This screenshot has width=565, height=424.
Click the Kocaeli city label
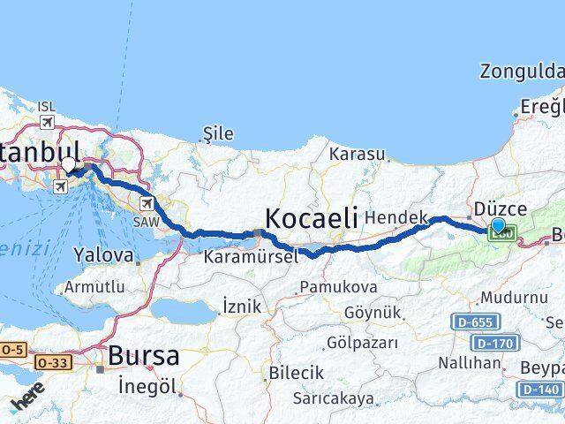(311, 217)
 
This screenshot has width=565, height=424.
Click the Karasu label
(358, 154)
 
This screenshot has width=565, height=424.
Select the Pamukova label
(338, 287)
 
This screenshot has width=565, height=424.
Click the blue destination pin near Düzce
(498, 227)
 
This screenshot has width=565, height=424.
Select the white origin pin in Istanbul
(69, 164)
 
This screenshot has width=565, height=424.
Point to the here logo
(28, 399)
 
